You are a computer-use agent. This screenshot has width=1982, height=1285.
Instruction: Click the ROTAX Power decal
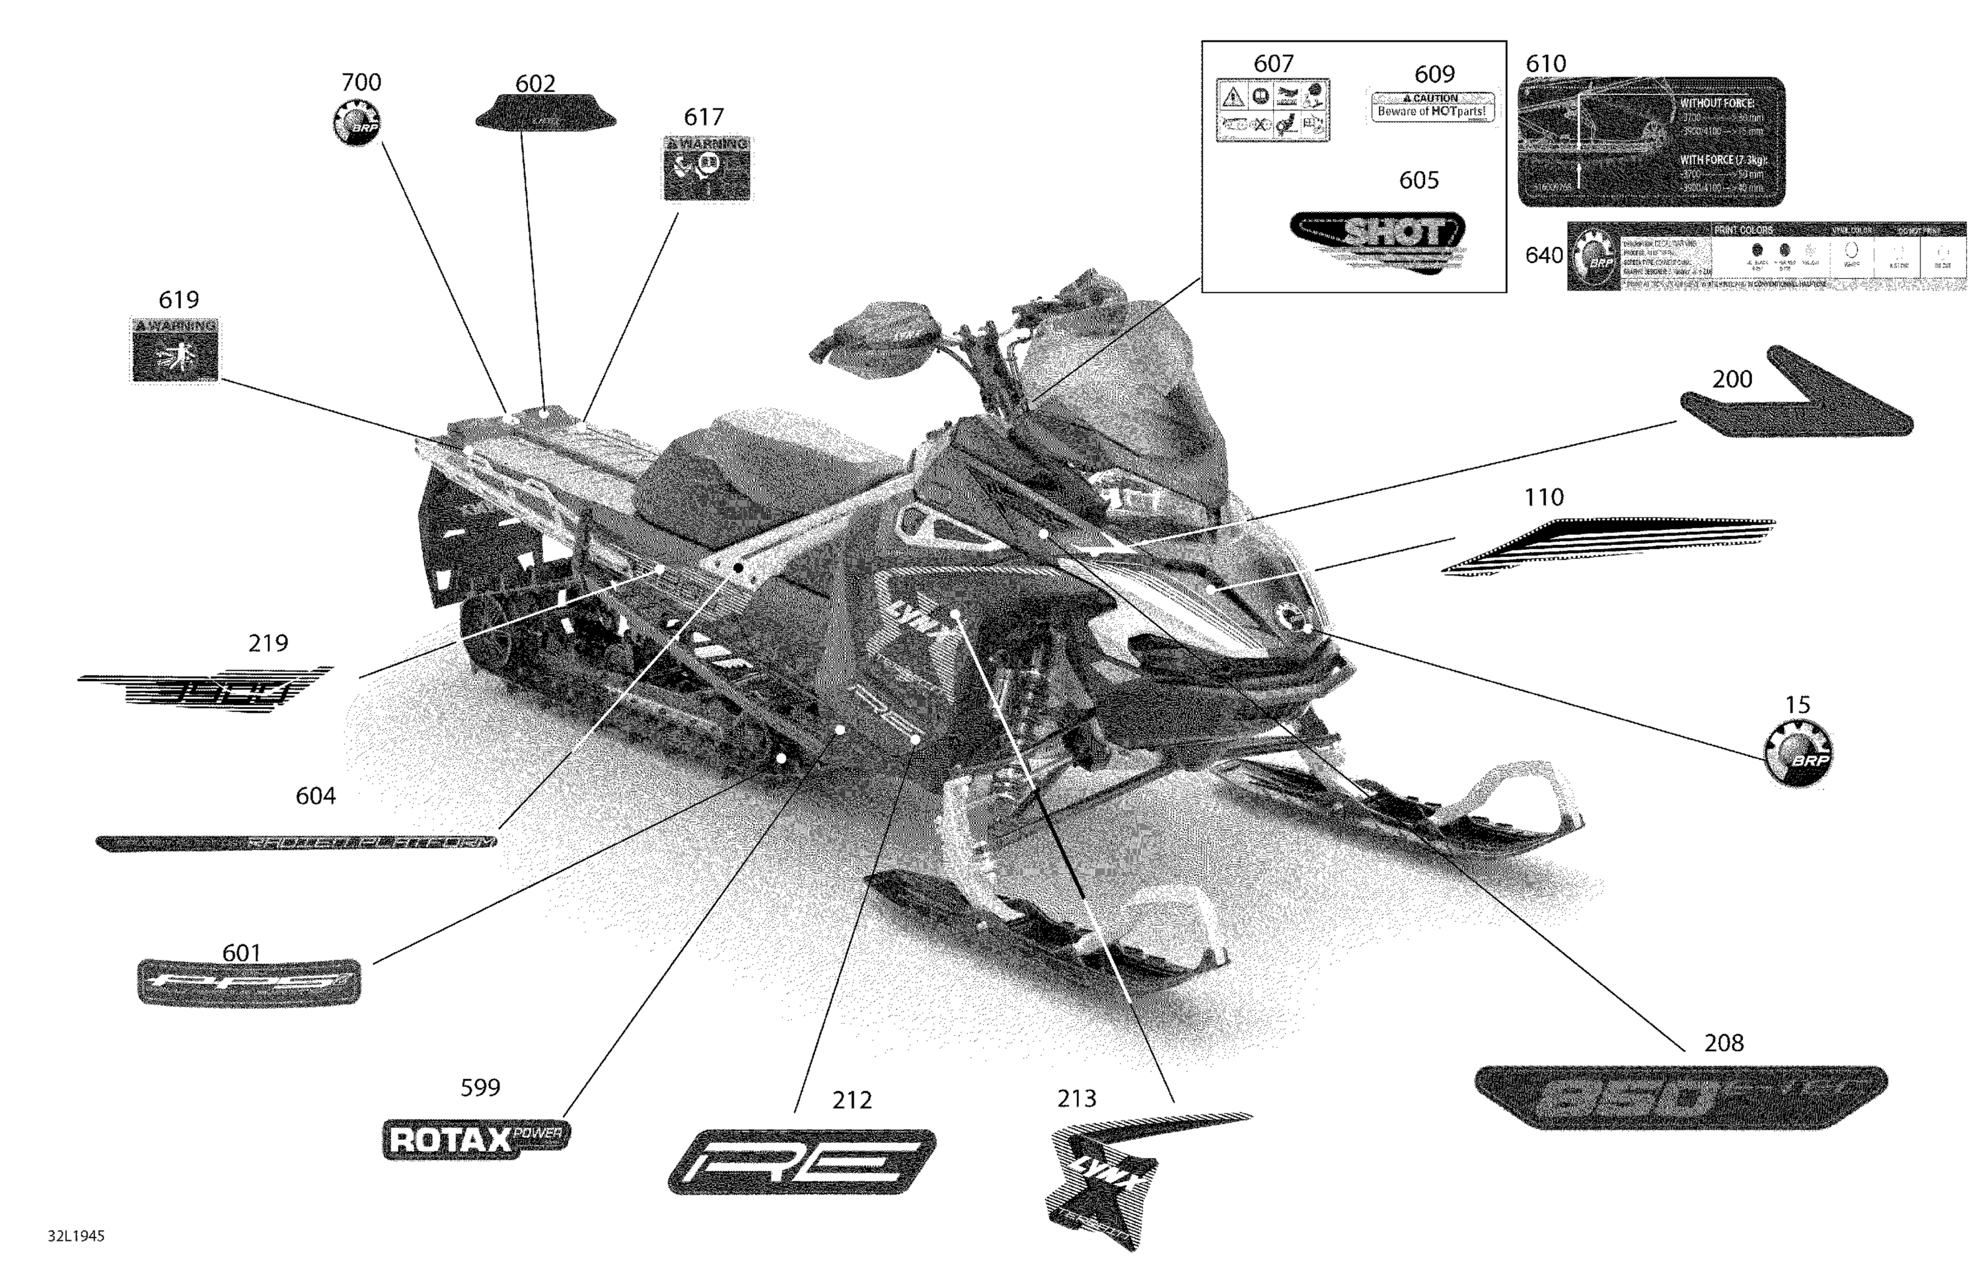pos(476,1138)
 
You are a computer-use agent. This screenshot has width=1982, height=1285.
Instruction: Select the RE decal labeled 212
pos(801,1161)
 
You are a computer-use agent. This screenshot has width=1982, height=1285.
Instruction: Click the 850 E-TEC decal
pos(1681,1097)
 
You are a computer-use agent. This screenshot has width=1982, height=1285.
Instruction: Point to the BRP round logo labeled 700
pos(355,122)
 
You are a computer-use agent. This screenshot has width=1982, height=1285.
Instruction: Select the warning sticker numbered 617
pos(706,168)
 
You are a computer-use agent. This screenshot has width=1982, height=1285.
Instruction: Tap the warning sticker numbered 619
pos(175,349)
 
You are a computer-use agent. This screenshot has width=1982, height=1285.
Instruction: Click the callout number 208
pos(1724,1043)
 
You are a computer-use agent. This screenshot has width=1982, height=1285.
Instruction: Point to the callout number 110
pos(1543,497)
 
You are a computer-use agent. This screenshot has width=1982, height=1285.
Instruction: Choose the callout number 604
pos(316,796)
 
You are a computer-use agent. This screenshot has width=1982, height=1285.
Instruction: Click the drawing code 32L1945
pos(76,1236)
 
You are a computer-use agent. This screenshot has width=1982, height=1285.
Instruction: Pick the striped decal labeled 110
pos(1607,546)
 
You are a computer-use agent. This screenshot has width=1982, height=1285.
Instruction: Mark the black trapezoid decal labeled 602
pos(546,114)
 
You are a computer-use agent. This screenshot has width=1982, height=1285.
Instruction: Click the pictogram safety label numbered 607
pos(1272,110)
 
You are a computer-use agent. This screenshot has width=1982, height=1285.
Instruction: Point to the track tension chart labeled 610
pos(1650,141)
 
